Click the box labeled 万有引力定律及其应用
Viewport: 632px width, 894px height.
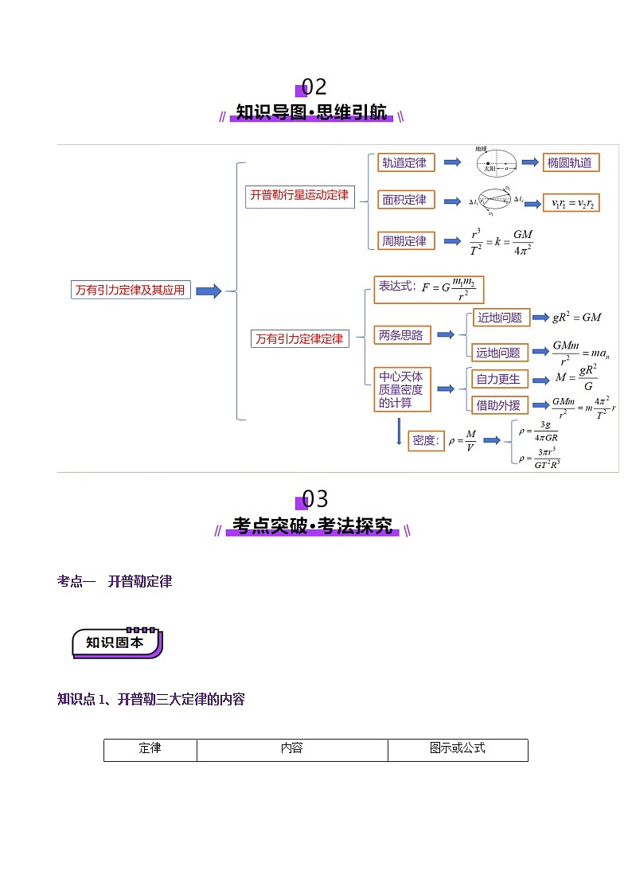tap(131, 291)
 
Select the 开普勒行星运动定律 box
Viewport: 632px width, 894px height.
tap(299, 195)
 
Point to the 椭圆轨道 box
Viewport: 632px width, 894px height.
tap(570, 162)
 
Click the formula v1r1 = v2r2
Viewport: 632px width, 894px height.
tap(572, 203)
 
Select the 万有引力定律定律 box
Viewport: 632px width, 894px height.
tap(299, 338)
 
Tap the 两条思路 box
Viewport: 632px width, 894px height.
tap(402, 335)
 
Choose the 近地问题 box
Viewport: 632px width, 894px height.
tap(501, 318)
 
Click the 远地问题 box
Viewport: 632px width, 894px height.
tap(500, 352)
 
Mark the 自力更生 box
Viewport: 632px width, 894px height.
tap(500, 379)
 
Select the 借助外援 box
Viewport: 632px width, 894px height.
tap(500, 404)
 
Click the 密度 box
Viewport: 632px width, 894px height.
tap(427, 440)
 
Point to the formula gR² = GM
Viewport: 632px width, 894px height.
tap(577, 317)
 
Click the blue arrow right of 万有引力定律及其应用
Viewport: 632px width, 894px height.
tap(209, 291)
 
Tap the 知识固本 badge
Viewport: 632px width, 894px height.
tap(116, 642)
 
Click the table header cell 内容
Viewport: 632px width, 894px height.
tap(292, 749)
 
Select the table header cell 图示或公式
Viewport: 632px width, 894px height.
tap(458, 749)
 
